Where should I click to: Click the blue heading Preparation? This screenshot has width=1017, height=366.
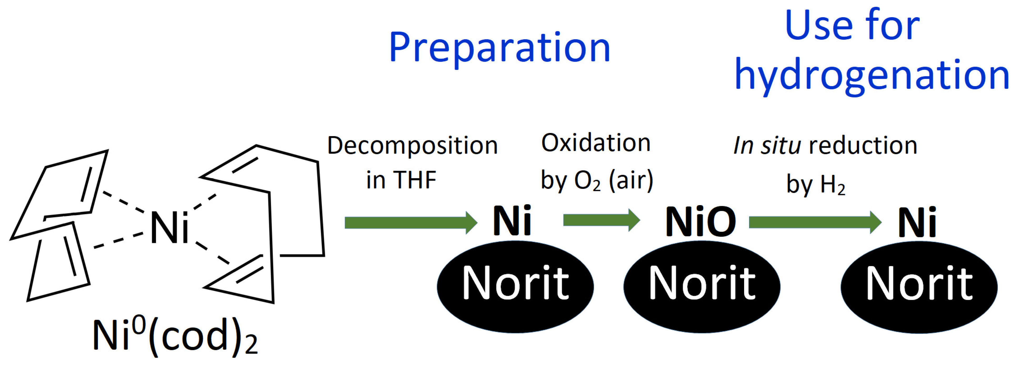point(500,48)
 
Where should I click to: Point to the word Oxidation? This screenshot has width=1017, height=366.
point(596,143)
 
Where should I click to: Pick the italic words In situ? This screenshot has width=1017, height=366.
point(767,145)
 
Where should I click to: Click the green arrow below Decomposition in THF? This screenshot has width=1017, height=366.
point(410,222)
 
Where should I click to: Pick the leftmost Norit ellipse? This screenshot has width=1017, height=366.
point(515,286)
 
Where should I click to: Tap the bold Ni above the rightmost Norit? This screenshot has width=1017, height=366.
point(917,222)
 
